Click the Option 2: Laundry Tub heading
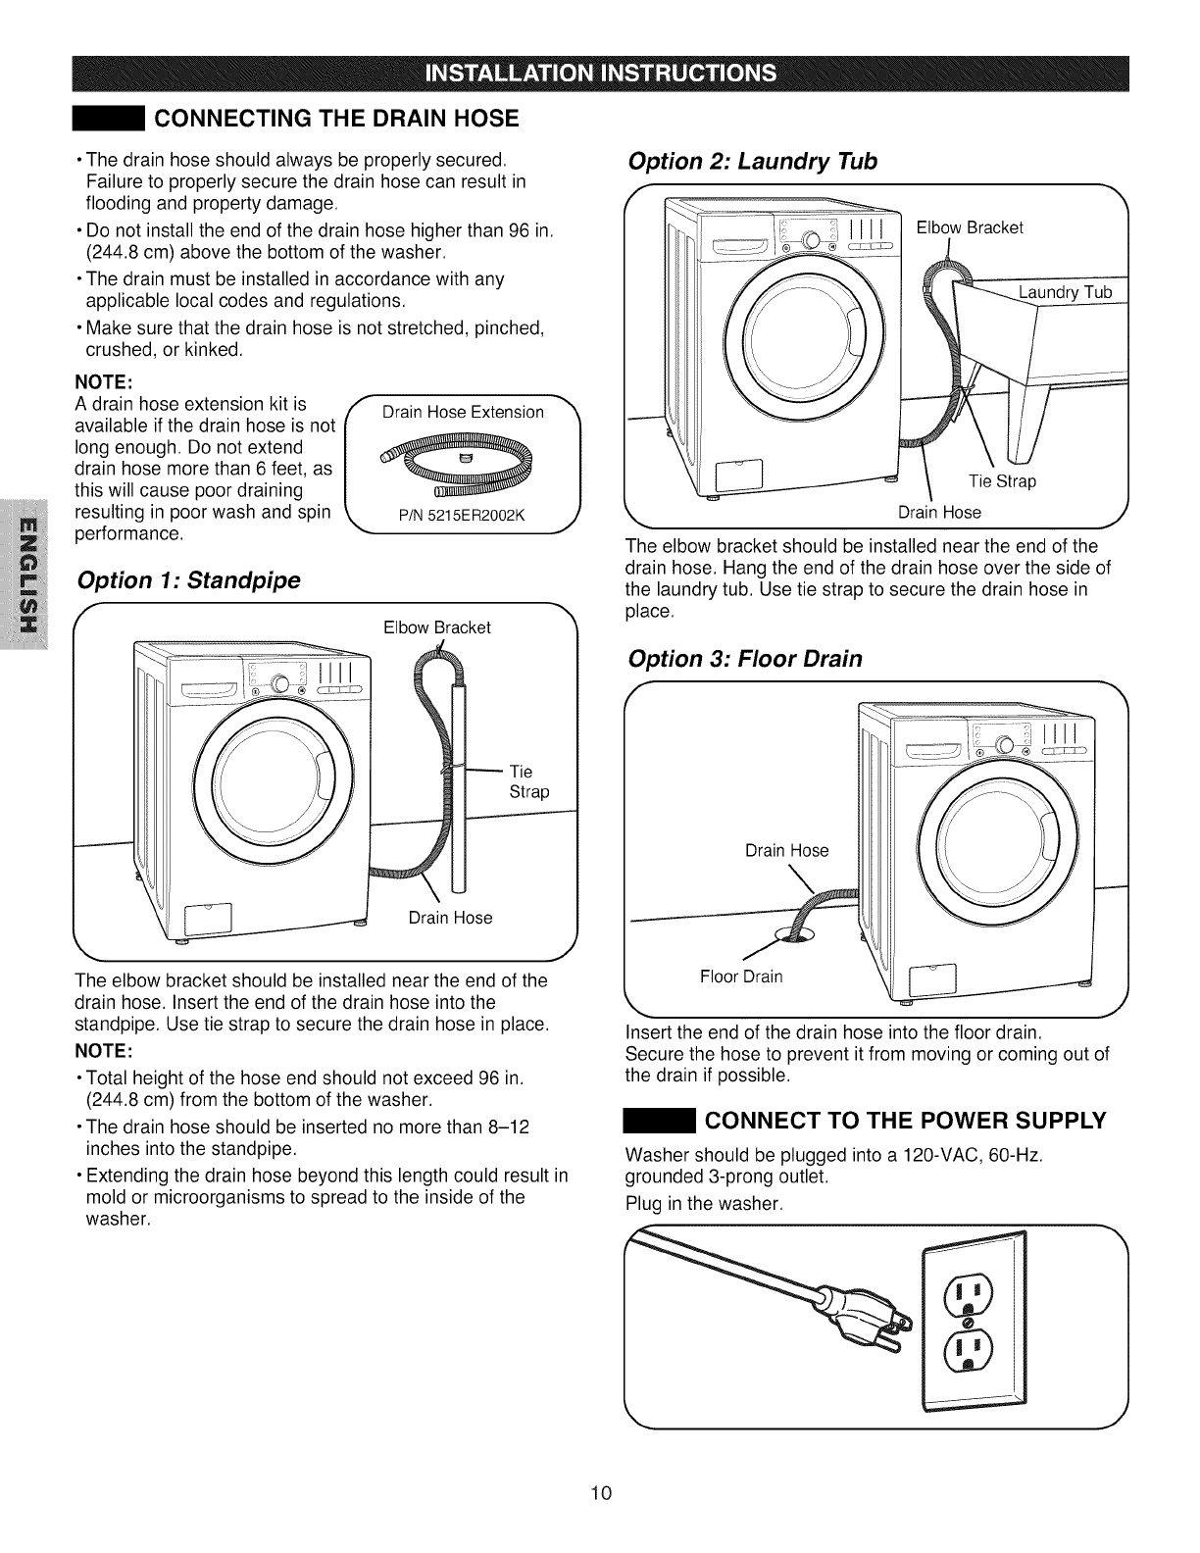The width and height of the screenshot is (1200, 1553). tap(752, 161)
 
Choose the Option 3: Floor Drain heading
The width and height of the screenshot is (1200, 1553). tap(745, 659)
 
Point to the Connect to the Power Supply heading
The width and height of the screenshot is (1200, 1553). tap(906, 1120)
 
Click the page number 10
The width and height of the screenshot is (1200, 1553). tap(601, 1493)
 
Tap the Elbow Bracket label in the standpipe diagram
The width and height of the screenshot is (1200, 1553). tap(437, 626)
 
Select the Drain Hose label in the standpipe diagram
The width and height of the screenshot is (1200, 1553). tap(450, 918)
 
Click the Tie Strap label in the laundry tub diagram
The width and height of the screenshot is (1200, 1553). tap(1002, 482)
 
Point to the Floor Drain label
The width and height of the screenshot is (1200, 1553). tap(741, 977)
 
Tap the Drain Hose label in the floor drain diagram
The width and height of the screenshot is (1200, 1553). tap(786, 850)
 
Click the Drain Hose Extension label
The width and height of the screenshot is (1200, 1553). tap(463, 412)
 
